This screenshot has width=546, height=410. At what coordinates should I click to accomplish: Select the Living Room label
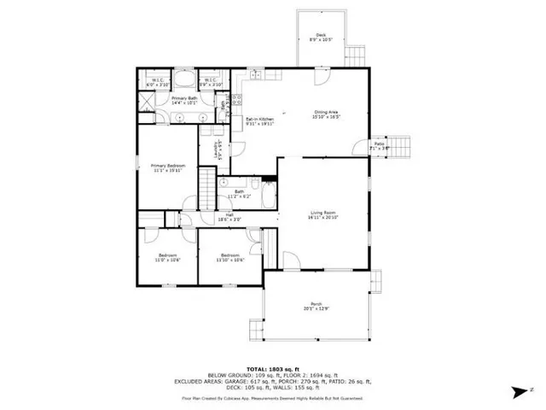coord(322,214)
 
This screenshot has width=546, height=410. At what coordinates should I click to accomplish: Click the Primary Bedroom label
coord(168,167)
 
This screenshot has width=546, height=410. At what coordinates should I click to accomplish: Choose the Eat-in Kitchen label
coord(259,121)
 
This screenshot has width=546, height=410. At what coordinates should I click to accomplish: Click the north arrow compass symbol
coord(516,391)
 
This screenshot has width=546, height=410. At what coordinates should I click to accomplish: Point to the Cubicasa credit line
coord(272,398)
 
